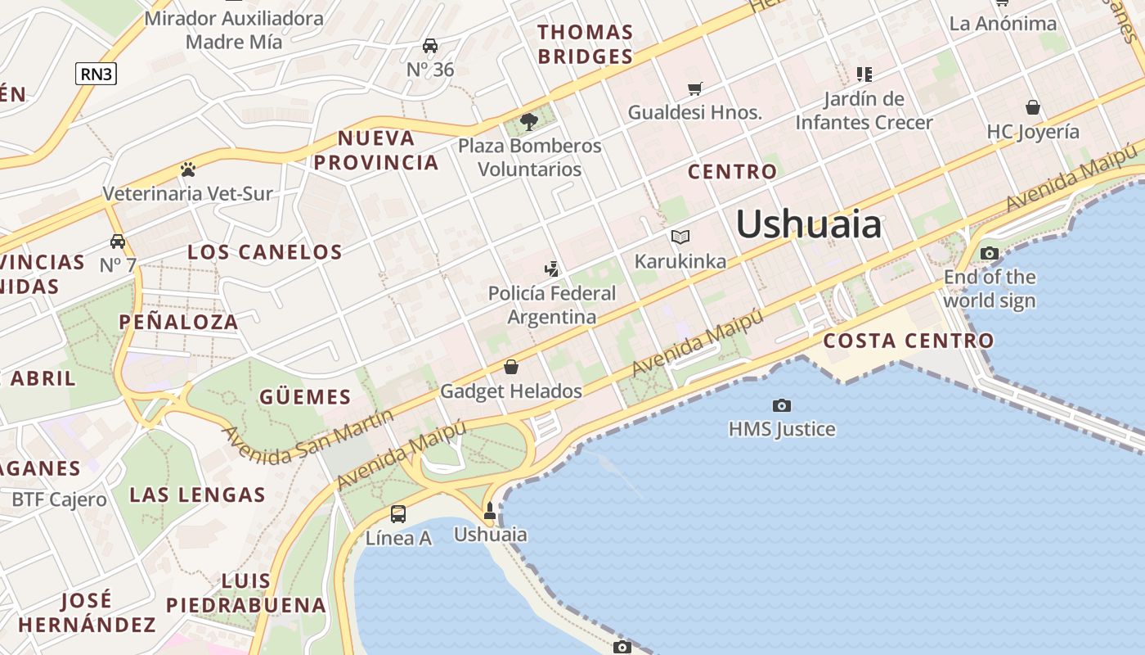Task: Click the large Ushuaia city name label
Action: tap(809, 224)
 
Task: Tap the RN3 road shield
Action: tap(97, 74)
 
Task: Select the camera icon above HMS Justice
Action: tap(782, 405)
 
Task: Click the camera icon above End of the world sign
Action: tap(990, 253)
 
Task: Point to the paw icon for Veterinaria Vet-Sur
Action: tap(188, 169)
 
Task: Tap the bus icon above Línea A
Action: tap(398, 514)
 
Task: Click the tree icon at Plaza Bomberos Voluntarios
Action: tap(529, 123)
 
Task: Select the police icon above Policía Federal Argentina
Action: tap(552, 269)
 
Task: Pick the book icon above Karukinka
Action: tap(680, 237)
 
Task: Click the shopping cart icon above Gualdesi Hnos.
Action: tap(695, 88)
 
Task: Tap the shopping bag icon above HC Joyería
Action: tap(1033, 107)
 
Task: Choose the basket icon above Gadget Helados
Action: tap(511, 367)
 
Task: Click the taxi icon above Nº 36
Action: tap(430, 46)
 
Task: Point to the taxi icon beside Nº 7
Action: tap(119, 242)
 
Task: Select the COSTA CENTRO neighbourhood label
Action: tap(909, 341)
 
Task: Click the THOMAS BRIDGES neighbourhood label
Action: tap(585, 44)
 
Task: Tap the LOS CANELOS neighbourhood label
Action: tap(265, 251)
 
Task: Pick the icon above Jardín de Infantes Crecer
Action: tap(864, 75)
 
